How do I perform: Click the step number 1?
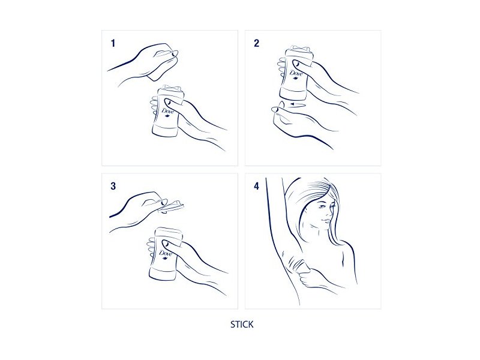113,43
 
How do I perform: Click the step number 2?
257,43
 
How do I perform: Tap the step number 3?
113,186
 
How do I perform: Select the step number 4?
257,186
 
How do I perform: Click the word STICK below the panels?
242,325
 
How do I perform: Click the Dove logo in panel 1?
168,112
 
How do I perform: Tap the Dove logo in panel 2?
296,74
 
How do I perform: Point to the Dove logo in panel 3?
166,254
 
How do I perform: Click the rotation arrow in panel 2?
298,104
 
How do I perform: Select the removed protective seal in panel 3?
172,206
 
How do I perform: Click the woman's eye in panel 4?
321,206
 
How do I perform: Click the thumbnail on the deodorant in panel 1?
167,101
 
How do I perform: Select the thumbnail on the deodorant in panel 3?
166,244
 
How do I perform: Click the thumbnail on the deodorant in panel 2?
296,64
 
